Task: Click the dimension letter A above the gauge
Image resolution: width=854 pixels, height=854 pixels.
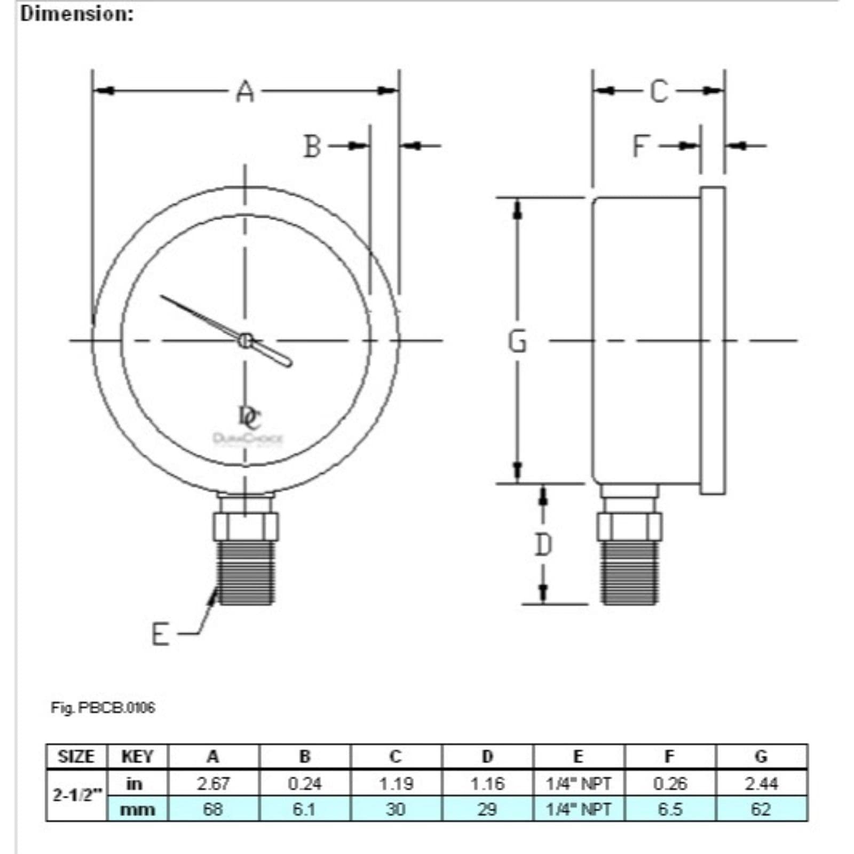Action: [245, 92]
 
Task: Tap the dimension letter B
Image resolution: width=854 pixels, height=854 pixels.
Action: [312, 146]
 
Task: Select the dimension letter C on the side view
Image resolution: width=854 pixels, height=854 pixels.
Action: [659, 91]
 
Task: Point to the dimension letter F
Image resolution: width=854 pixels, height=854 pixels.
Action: [641, 146]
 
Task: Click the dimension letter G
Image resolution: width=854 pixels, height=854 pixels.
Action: [517, 341]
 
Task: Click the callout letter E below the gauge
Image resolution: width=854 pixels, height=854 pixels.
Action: [160, 635]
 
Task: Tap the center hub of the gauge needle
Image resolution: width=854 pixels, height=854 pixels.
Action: [245, 340]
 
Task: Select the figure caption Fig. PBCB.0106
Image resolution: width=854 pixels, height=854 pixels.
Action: [102, 708]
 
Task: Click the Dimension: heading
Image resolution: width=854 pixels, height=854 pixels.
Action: [77, 14]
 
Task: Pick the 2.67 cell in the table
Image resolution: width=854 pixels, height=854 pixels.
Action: [213, 784]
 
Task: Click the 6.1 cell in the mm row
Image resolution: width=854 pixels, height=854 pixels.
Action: [304, 809]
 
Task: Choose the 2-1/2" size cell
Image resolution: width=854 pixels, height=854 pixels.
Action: [76, 795]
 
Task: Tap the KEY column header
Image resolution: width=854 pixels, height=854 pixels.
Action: [137, 757]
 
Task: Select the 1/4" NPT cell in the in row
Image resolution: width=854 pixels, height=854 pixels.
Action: [578, 784]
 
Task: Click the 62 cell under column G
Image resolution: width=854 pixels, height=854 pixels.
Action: [761, 809]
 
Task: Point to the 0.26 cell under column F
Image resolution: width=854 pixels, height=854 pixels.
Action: [670, 784]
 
